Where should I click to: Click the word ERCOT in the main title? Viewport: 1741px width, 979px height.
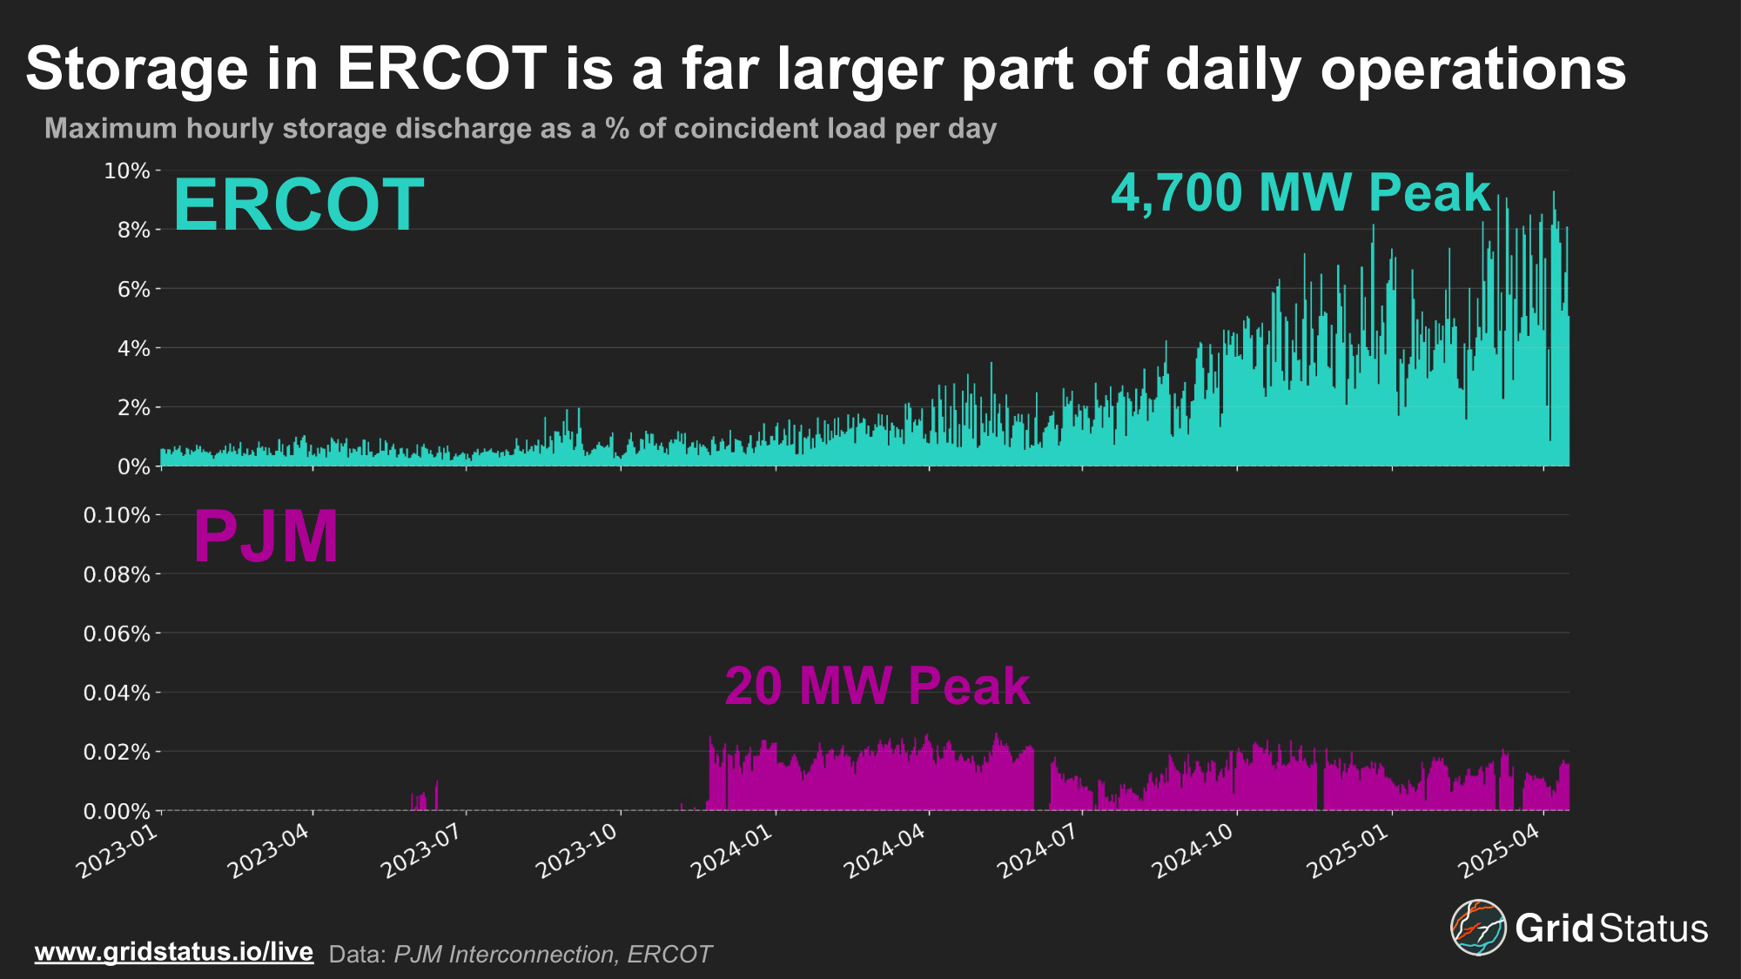[441, 70]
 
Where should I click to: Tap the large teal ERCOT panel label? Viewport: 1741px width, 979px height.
[299, 205]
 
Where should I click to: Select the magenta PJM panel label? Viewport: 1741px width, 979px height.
[266, 537]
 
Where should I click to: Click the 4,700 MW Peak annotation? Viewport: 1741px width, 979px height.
[1301, 193]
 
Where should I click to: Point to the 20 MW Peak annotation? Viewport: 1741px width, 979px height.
[877, 687]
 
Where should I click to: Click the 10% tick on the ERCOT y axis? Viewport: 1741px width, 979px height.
[127, 171]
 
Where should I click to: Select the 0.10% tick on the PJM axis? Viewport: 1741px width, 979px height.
[117, 516]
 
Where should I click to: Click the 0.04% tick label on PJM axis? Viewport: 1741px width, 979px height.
[117, 694]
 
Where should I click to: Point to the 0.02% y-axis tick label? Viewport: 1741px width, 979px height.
[117, 753]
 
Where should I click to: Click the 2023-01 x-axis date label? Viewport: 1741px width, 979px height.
[118, 852]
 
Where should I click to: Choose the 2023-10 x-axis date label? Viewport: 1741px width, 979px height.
[576, 852]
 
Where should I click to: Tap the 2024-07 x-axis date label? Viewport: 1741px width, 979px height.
[1038, 852]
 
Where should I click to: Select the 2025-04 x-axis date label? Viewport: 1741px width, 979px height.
[1499, 852]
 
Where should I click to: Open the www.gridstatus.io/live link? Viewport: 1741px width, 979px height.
[174, 952]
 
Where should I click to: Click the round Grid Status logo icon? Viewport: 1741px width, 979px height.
[1477, 928]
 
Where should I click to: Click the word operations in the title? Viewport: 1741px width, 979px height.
[1473, 70]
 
